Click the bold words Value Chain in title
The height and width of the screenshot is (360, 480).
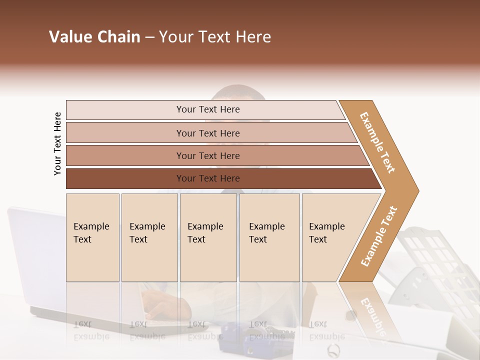94,37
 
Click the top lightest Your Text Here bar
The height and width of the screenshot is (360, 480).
207,109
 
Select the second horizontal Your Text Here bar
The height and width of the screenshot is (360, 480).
207,133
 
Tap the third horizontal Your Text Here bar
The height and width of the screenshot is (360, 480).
207,155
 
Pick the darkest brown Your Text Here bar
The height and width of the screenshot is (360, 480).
207,178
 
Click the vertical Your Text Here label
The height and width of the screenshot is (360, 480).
57,143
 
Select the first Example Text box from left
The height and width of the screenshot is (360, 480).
92,237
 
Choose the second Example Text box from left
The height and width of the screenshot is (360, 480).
149,237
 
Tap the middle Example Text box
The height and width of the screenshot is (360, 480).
208,237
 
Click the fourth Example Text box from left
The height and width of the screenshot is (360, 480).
269,237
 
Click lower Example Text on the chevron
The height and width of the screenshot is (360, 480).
379,236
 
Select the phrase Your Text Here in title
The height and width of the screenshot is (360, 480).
215,37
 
